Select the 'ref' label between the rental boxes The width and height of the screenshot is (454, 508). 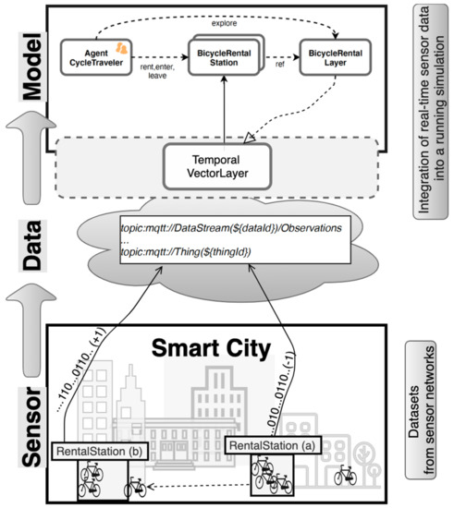tap(278, 65)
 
